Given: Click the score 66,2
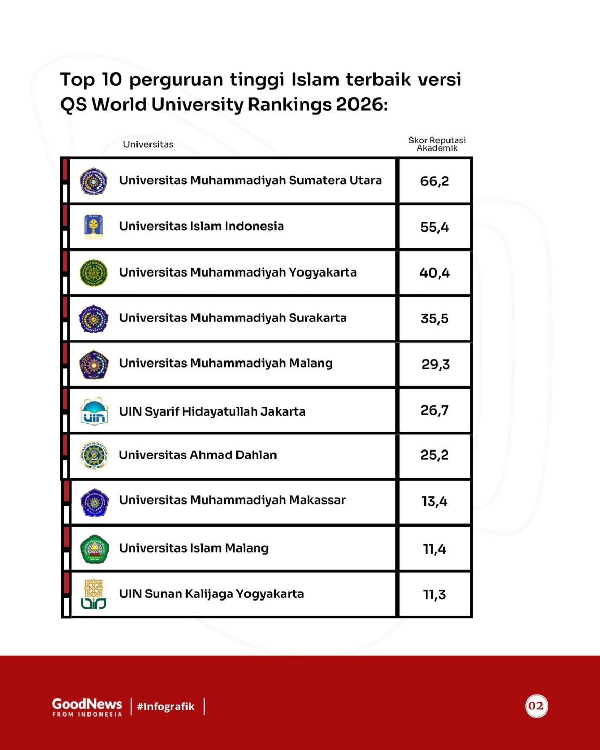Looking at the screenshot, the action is [x=434, y=181].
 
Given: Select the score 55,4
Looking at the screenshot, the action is [x=434, y=227].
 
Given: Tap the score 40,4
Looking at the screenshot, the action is [x=434, y=272].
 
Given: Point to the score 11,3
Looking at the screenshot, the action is [x=434, y=595].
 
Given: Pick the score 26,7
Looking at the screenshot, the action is [x=434, y=410].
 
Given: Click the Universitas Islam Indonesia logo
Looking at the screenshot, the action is [x=93, y=227].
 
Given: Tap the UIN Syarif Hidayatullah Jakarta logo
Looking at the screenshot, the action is [x=94, y=411].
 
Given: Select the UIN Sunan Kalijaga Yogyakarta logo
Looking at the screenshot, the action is [x=93, y=594].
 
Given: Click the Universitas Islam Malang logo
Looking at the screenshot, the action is [x=94, y=549].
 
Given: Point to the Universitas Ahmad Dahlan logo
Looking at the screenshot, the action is [x=94, y=455].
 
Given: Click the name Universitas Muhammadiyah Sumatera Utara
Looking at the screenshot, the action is [x=251, y=181].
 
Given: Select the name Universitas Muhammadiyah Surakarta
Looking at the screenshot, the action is [x=233, y=318].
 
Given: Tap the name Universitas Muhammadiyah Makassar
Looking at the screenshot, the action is [x=232, y=500].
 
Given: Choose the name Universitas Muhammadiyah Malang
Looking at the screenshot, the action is [x=226, y=364].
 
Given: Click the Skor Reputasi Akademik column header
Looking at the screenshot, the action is [x=437, y=144].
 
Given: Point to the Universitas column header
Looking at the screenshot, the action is [x=148, y=144].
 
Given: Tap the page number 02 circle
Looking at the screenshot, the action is [x=536, y=706].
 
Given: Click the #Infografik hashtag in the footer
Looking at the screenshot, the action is [x=166, y=706].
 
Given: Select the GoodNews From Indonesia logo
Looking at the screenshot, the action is [x=87, y=707].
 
